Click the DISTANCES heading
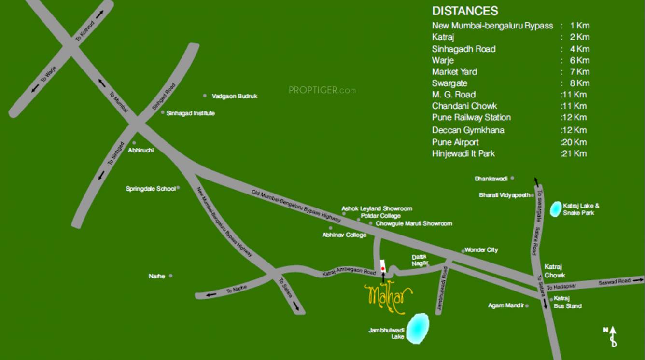click(x=464, y=11)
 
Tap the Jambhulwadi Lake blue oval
click(x=418, y=329)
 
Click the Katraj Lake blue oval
click(x=556, y=209)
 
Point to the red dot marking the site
click(x=383, y=268)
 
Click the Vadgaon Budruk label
click(x=235, y=96)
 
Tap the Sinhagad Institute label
click(x=191, y=113)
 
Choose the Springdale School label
click(x=151, y=189)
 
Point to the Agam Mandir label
click(x=505, y=305)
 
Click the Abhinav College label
click(x=344, y=235)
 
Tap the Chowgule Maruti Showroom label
click(x=414, y=223)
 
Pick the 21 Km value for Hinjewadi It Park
click(x=574, y=153)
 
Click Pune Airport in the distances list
click(x=455, y=142)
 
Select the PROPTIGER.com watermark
click(x=322, y=90)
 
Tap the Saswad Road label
click(x=615, y=281)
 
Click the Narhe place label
click(x=157, y=277)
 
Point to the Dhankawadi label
click(x=491, y=179)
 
